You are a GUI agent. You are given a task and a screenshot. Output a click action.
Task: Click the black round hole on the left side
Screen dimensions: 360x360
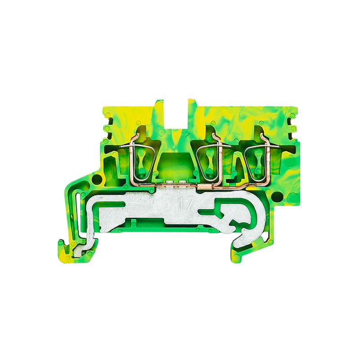pyautogui.click(x=97, y=179)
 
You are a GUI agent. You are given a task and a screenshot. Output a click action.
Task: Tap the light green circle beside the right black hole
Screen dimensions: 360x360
pyautogui.click(x=292, y=197)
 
